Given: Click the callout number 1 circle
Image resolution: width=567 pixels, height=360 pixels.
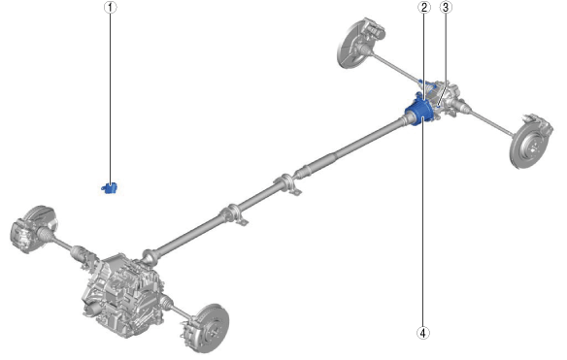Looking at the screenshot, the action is click(x=111, y=7).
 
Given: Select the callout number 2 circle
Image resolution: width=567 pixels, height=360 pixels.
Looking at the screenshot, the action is click(x=424, y=7).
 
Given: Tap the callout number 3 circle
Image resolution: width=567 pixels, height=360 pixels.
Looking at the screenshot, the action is click(x=446, y=7).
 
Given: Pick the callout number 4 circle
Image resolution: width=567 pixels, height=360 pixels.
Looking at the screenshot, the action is click(x=423, y=333).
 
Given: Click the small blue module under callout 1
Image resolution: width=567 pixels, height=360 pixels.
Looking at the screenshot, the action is click(x=110, y=187).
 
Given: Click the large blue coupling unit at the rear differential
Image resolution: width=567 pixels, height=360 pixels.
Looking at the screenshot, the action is click(x=419, y=112).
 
